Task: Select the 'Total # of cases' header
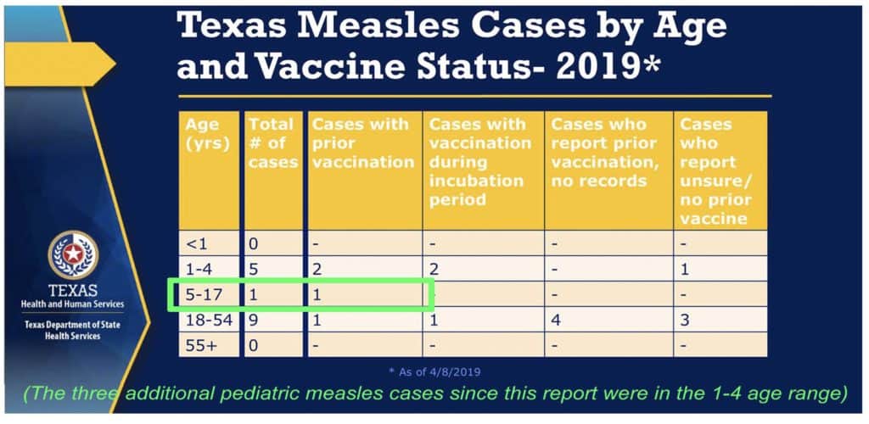coord(272,142)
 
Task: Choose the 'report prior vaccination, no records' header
coord(608,152)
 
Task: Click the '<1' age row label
coord(196,244)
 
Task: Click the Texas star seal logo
coord(73,254)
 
